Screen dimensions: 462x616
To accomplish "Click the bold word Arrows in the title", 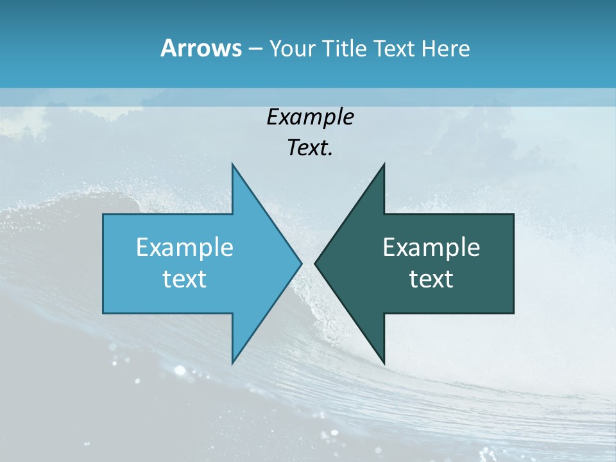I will (x=200, y=48).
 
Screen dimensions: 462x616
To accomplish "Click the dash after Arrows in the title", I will (x=255, y=49).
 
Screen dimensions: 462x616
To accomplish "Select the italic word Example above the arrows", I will (x=310, y=117).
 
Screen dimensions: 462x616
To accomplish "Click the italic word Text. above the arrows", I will (x=310, y=148).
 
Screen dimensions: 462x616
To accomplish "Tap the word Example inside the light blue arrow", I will (x=185, y=248).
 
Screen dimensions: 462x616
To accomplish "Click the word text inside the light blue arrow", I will (x=185, y=279).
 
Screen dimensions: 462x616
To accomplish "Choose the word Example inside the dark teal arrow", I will (x=431, y=248).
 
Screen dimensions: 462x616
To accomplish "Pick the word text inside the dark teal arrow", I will (x=431, y=279).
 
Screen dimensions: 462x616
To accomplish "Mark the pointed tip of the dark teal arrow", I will (x=316, y=263).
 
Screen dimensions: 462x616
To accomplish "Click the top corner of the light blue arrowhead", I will (x=232, y=165).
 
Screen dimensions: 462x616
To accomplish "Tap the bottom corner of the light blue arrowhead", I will (x=232, y=363).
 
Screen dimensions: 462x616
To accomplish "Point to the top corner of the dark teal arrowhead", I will (x=384, y=165).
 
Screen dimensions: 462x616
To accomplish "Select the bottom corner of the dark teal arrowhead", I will (x=384, y=363).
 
